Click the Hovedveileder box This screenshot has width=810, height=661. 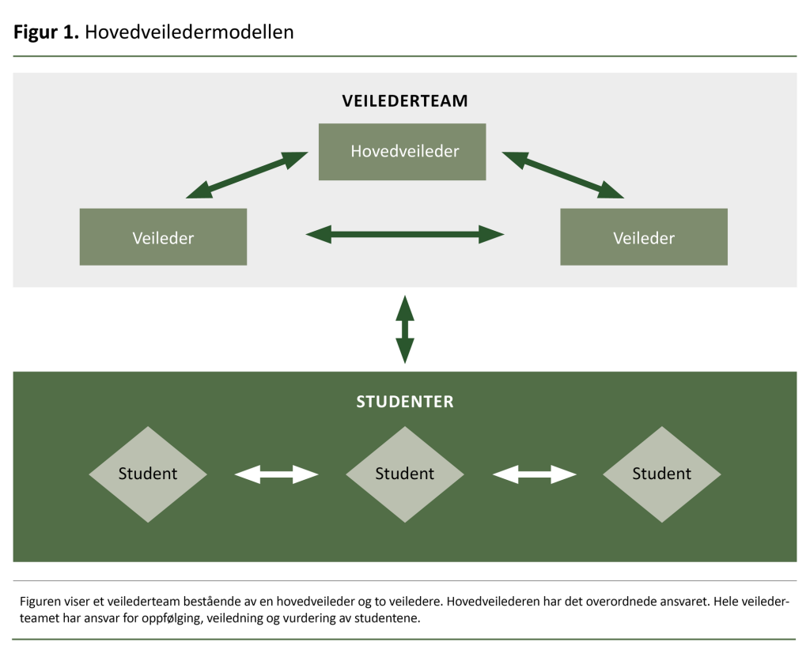click(402, 151)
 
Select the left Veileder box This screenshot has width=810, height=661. click(163, 236)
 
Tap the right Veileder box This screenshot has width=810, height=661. click(643, 236)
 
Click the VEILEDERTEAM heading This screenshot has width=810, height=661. click(404, 101)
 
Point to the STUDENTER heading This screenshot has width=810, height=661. click(404, 402)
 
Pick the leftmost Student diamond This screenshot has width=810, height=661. click(148, 474)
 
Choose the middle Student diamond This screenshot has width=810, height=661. click(404, 474)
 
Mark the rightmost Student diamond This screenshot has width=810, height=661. click(661, 474)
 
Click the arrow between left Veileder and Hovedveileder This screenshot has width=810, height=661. click(247, 176)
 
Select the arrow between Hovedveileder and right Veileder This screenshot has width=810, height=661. click(563, 176)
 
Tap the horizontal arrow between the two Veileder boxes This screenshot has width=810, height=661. click(404, 233)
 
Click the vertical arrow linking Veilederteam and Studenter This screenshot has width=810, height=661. click(404, 329)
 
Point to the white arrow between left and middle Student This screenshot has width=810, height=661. click(276, 474)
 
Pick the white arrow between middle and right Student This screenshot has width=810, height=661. click(534, 474)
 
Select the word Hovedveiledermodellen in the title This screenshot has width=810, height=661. click(189, 32)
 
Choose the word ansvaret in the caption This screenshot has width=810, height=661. click(668, 602)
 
